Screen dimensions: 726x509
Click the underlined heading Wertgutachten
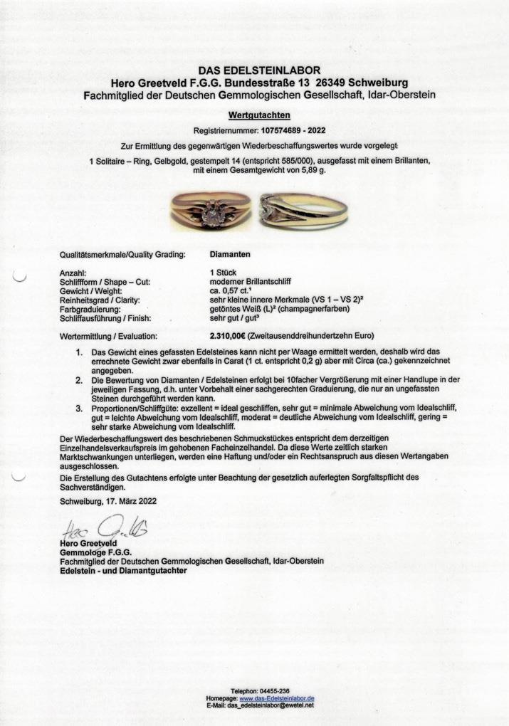point(253,115)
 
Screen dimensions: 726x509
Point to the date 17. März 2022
point(130,500)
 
